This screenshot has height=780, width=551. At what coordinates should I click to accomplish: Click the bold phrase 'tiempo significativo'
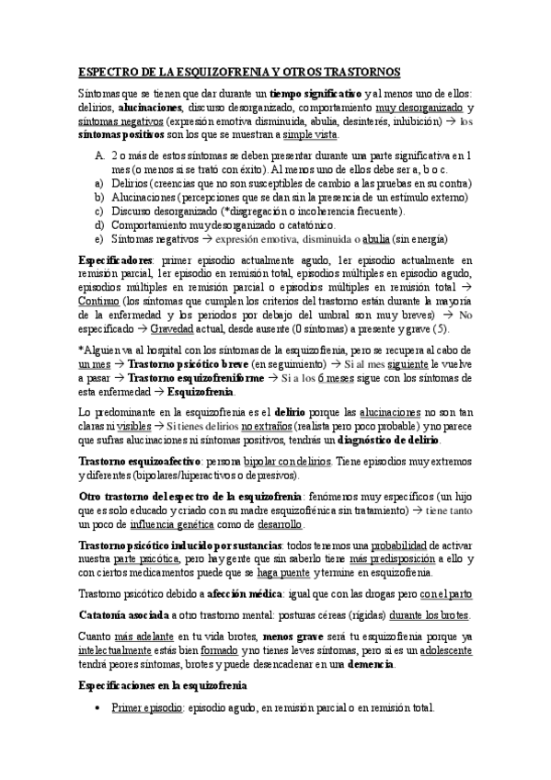(x=316, y=94)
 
